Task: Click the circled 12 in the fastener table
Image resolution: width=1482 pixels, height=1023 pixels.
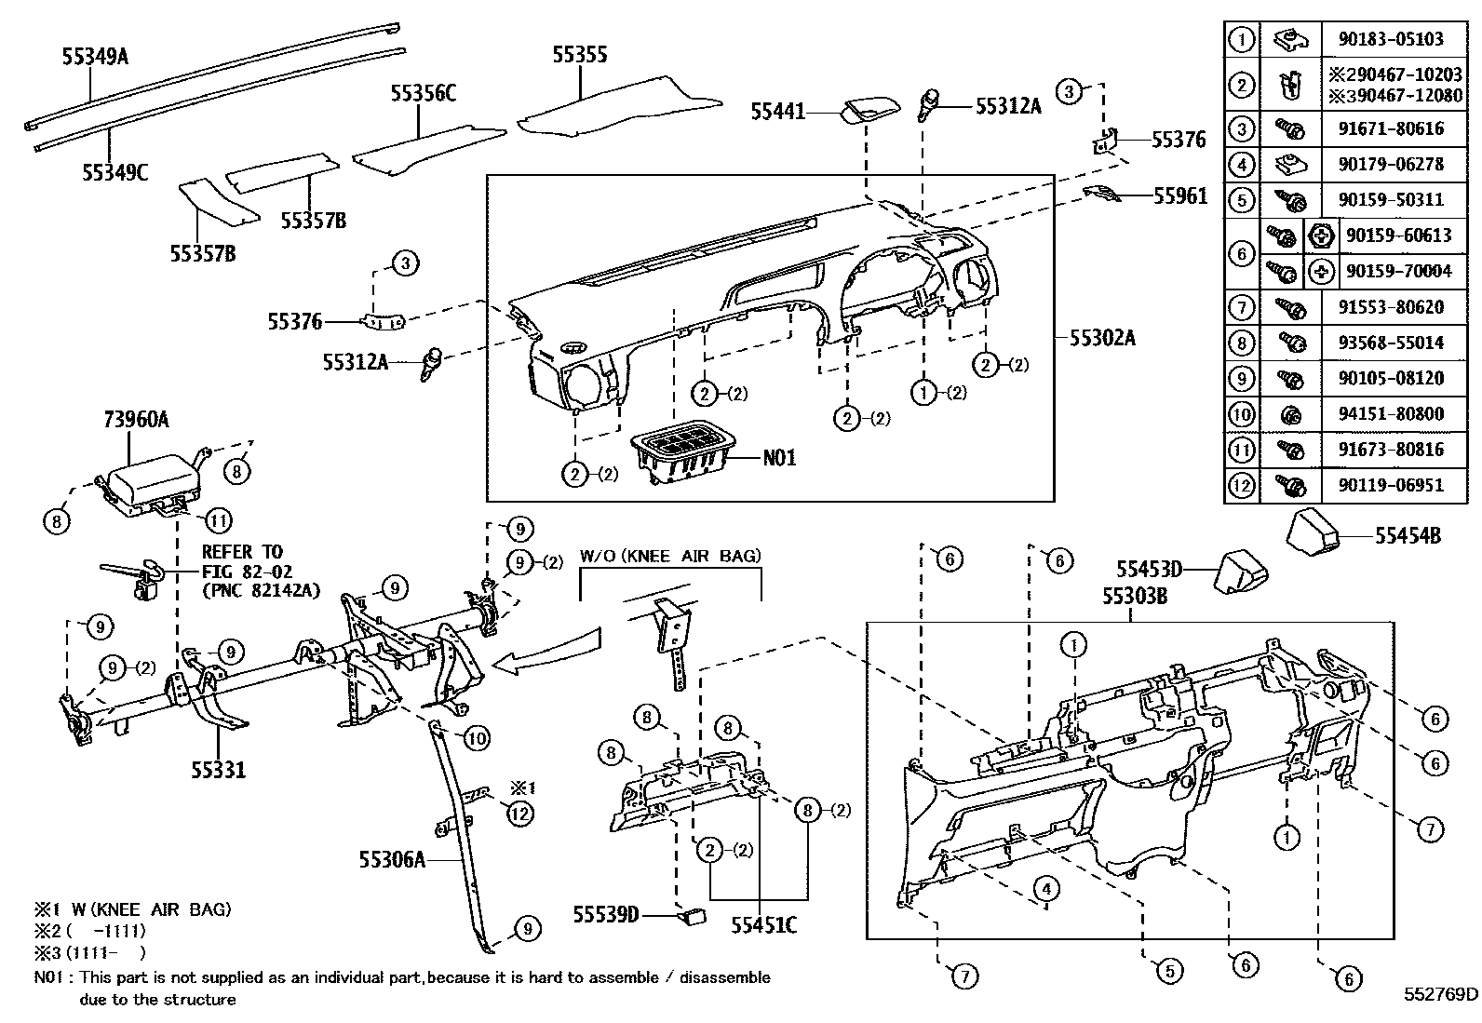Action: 1242,485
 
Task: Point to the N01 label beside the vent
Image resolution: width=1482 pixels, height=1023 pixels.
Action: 779,458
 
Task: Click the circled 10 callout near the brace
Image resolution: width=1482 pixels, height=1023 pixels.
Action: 475,740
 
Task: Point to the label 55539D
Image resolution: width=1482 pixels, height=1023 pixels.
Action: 606,915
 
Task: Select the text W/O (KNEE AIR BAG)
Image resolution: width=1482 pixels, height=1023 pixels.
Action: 670,557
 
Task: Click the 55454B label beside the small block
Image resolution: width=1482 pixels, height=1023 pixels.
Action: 1408,536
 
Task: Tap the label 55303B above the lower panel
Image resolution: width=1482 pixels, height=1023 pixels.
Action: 1135,596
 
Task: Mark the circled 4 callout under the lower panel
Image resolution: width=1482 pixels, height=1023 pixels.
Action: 1046,889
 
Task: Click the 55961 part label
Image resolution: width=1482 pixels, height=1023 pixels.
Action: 1179,195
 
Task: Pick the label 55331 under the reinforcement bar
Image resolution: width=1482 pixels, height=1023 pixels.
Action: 219,770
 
